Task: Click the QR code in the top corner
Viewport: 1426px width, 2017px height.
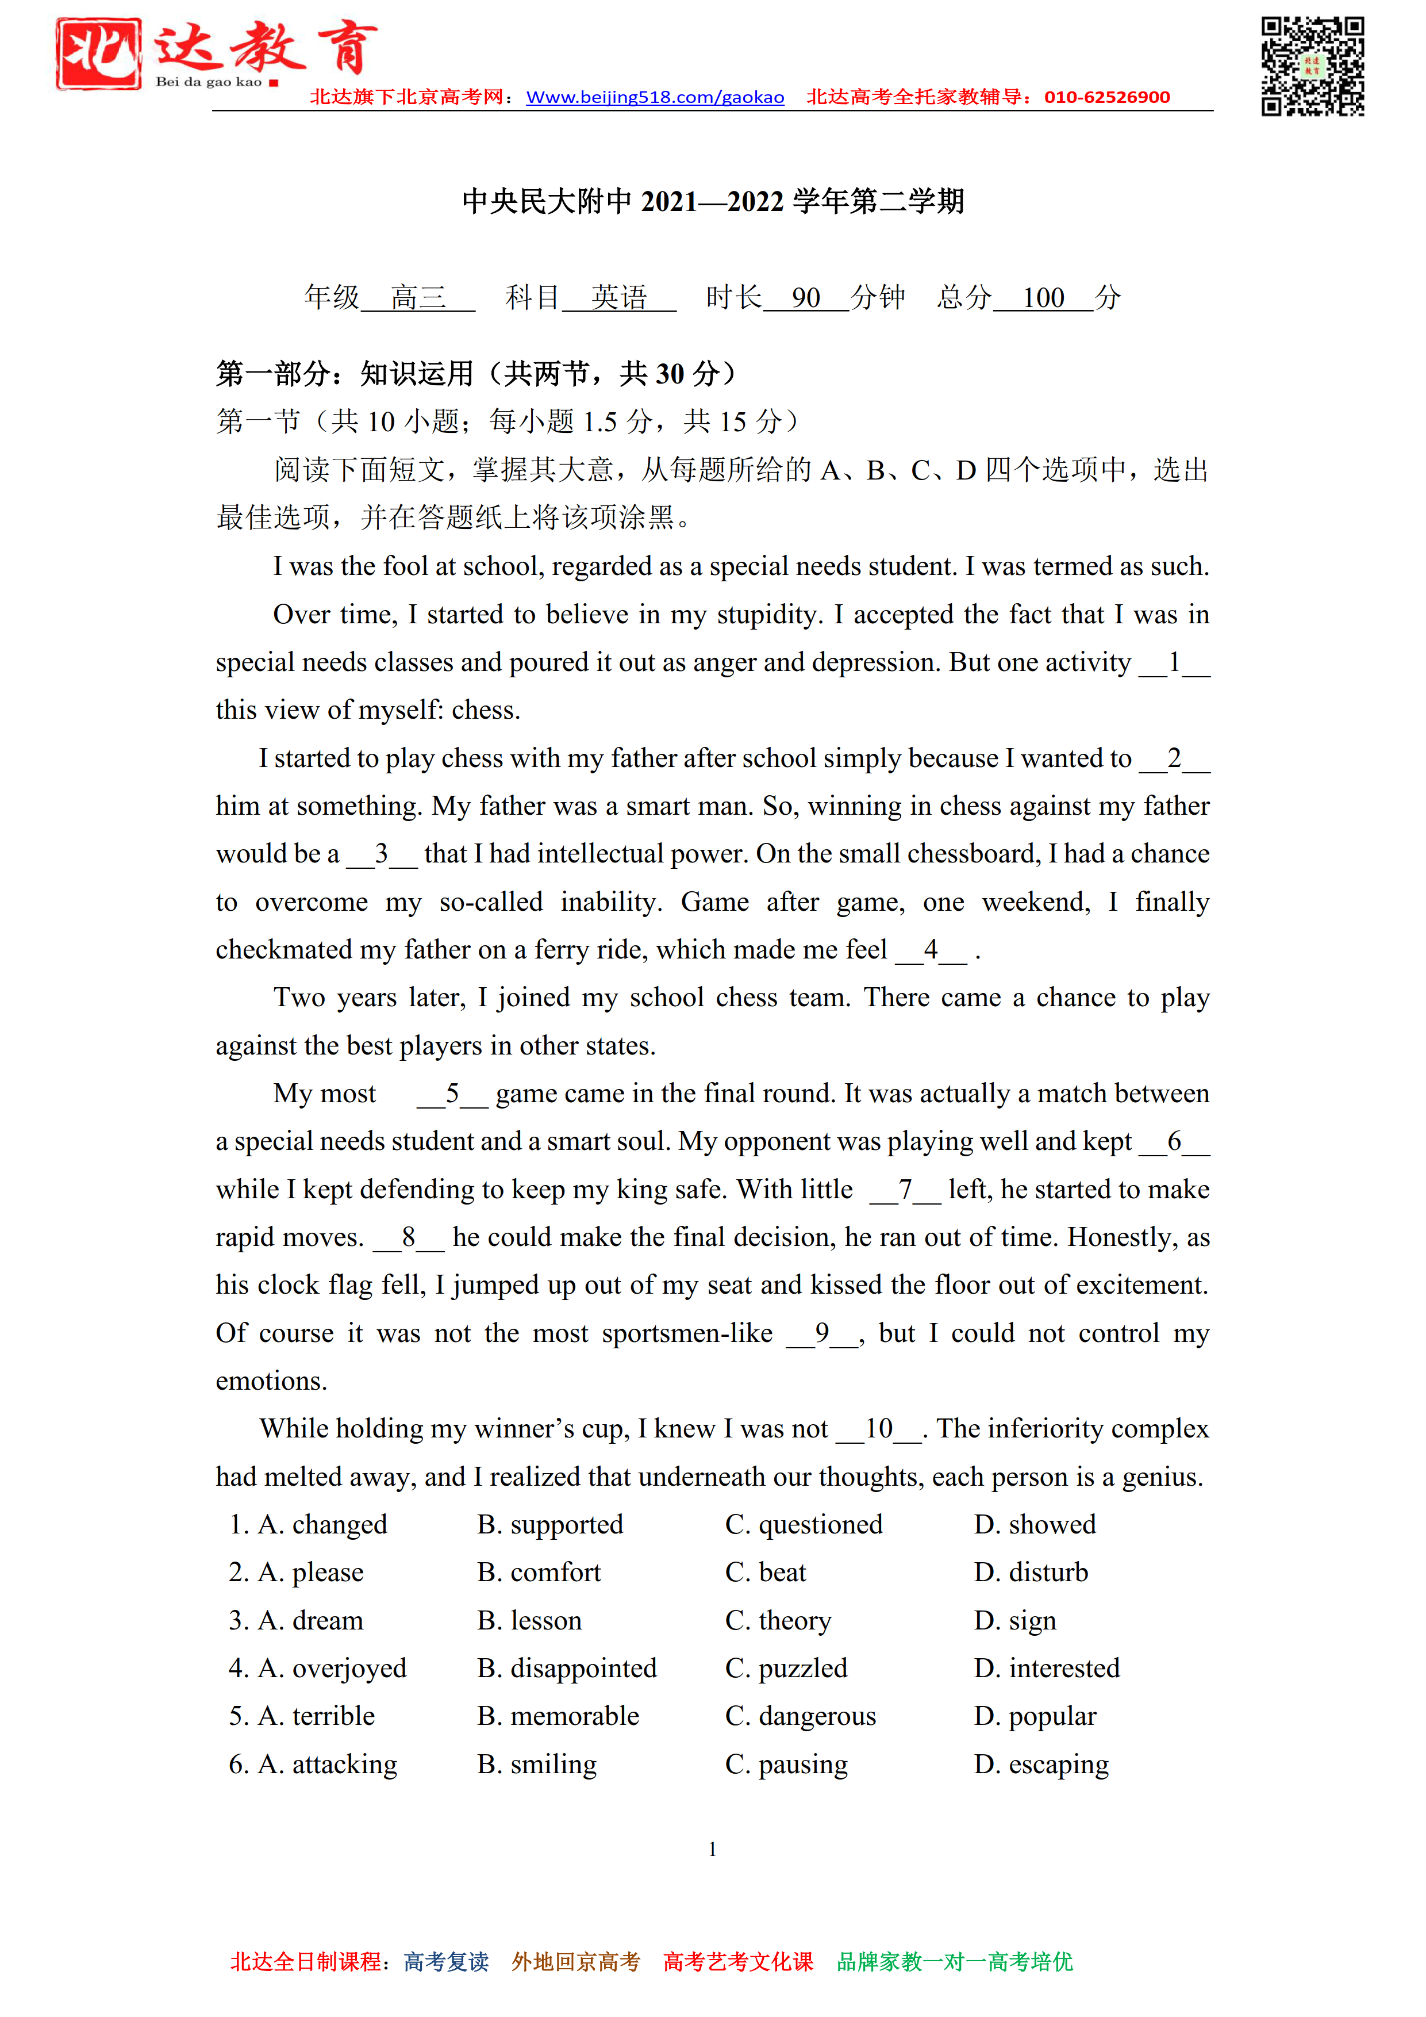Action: (1312, 66)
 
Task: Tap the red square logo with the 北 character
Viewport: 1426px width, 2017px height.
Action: (98, 55)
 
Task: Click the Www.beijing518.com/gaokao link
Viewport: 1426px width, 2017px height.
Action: (655, 98)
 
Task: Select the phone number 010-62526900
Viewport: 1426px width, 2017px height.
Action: (1106, 98)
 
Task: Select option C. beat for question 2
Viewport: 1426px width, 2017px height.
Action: (765, 1573)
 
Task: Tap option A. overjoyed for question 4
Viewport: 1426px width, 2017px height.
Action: (331, 1668)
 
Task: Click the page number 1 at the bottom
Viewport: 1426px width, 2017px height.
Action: (712, 1849)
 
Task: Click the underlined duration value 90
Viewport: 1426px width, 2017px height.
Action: (805, 298)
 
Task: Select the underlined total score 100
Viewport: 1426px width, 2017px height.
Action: (1043, 298)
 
